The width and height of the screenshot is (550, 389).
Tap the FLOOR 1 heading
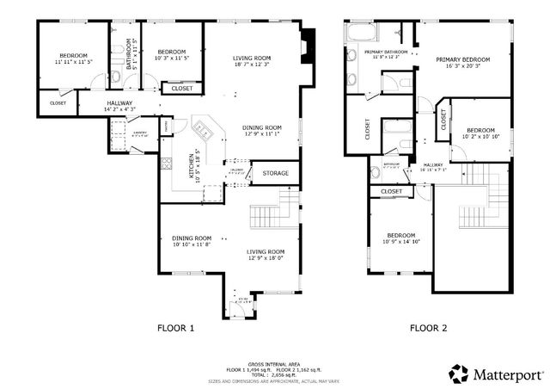(x=175, y=328)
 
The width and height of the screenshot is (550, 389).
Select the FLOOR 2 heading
(x=428, y=328)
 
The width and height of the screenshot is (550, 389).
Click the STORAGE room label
(x=275, y=174)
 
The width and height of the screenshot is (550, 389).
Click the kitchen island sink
(x=205, y=131)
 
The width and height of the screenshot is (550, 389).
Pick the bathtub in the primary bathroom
(x=357, y=35)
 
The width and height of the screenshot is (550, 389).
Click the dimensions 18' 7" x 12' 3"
(x=251, y=65)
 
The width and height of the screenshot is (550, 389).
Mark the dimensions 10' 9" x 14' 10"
(x=400, y=243)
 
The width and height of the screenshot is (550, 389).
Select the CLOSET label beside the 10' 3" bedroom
(x=181, y=88)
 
